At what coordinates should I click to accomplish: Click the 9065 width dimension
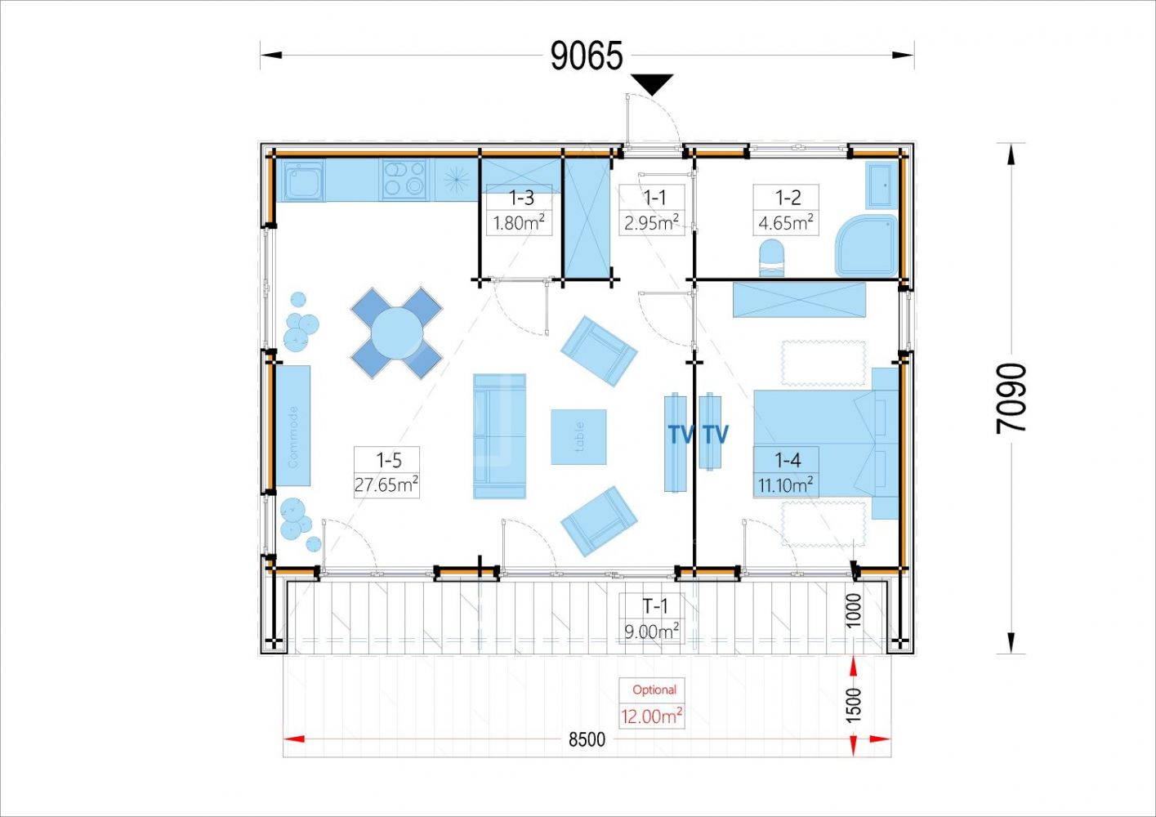click(587, 56)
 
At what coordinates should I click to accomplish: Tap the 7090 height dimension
click(1011, 398)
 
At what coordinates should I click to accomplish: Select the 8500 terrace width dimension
click(587, 739)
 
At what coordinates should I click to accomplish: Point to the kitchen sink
click(301, 180)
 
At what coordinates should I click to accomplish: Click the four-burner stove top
click(404, 179)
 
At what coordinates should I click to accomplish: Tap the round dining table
click(397, 333)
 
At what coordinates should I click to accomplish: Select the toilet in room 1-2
click(772, 257)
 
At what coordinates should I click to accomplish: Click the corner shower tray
click(867, 246)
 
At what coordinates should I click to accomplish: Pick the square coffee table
click(578, 437)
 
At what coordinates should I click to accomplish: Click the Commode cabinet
click(292, 426)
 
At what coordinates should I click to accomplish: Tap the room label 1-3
click(521, 197)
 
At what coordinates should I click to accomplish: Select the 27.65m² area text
click(386, 485)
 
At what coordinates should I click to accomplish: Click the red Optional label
click(654, 690)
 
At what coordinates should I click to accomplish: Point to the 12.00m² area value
click(652, 717)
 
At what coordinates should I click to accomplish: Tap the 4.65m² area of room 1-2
click(786, 223)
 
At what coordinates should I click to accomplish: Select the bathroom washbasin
click(882, 185)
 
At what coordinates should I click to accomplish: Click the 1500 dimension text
click(854, 705)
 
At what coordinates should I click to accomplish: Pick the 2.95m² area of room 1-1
click(652, 223)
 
